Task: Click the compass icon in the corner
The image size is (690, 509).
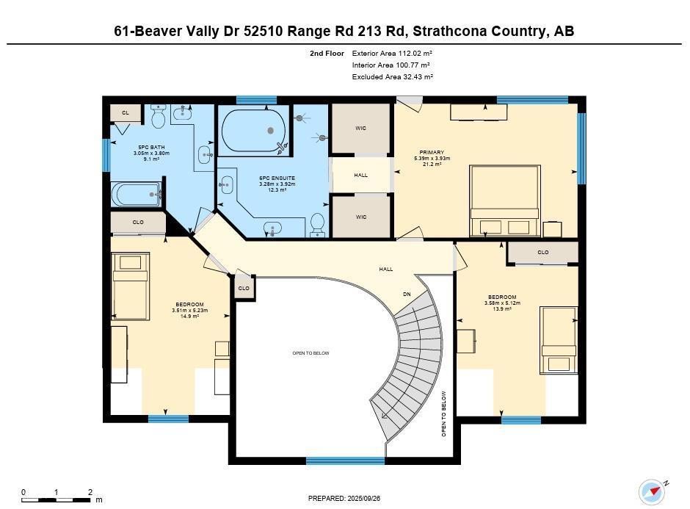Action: tap(652, 491)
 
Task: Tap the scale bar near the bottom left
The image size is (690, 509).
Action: tap(56, 499)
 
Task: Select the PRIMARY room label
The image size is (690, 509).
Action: tap(432, 152)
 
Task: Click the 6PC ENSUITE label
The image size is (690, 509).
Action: tap(277, 178)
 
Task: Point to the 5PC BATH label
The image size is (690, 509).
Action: tap(151, 147)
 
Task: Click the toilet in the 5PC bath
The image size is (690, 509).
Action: tap(158, 116)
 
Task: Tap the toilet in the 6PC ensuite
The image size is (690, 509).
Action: tap(317, 225)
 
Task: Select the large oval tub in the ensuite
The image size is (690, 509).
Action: tap(253, 130)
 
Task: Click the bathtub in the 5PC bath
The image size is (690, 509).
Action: tap(137, 195)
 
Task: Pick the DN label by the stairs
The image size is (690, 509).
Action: tap(407, 294)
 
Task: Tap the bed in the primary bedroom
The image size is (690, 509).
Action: tap(505, 201)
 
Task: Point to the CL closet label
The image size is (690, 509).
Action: tap(126, 112)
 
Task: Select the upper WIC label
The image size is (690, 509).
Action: tap(361, 128)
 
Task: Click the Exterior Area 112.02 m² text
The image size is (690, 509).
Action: tap(392, 54)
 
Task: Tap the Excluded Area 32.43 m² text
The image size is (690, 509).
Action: tap(393, 76)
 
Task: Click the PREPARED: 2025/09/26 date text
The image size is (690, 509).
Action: tap(344, 499)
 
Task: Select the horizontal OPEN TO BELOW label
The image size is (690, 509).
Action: tap(310, 353)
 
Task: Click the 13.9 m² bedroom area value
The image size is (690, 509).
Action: tap(502, 309)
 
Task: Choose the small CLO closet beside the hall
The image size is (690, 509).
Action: tap(244, 288)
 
